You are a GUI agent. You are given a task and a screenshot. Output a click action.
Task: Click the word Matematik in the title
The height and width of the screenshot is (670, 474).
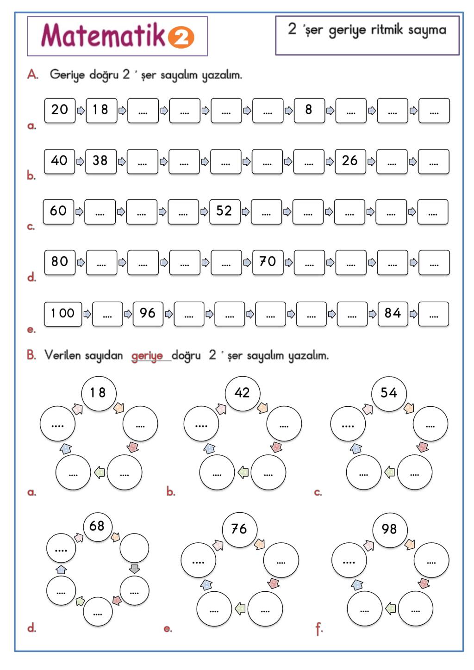(x=103, y=35)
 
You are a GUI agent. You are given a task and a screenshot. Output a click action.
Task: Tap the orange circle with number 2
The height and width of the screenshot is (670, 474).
(x=181, y=37)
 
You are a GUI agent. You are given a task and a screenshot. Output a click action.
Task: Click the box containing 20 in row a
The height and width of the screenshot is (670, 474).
(x=60, y=110)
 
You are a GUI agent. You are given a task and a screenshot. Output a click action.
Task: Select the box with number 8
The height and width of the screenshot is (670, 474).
(x=309, y=110)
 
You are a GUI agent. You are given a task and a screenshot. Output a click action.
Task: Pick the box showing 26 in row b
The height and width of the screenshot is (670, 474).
(x=350, y=161)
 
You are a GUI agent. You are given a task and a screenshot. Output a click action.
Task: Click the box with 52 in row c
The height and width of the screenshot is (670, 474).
(x=225, y=211)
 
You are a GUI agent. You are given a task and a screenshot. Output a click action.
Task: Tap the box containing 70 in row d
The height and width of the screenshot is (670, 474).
(x=268, y=262)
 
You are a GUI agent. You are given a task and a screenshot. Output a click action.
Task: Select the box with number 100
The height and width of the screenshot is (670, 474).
(x=63, y=314)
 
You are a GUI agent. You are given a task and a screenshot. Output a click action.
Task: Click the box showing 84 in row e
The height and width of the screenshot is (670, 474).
(x=393, y=314)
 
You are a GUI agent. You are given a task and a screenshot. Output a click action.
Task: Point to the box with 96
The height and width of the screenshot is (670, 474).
(x=148, y=314)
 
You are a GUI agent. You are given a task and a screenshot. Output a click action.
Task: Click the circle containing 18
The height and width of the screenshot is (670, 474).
(x=98, y=393)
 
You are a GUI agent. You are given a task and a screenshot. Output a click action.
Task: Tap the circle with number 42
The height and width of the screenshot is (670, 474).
(x=242, y=393)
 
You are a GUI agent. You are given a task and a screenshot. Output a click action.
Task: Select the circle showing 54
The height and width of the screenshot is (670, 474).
(x=389, y=393)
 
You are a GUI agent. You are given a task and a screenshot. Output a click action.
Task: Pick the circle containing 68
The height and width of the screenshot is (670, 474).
(x=97, y=526)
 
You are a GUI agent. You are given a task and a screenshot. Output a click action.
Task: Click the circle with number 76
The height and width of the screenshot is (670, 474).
(x=239, y=529)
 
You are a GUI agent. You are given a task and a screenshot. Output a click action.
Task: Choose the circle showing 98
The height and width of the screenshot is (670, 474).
(x=389, y=529)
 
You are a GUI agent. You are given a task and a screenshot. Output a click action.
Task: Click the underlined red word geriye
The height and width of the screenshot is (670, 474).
(x=147, y=356)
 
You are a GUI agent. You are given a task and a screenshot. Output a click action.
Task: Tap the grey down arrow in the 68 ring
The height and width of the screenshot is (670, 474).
(x=134, y=569)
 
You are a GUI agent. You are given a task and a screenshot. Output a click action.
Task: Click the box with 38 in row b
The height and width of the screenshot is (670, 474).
(x=100, y=161)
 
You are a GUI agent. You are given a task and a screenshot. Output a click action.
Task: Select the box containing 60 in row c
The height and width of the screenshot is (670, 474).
(x=58, y=211)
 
